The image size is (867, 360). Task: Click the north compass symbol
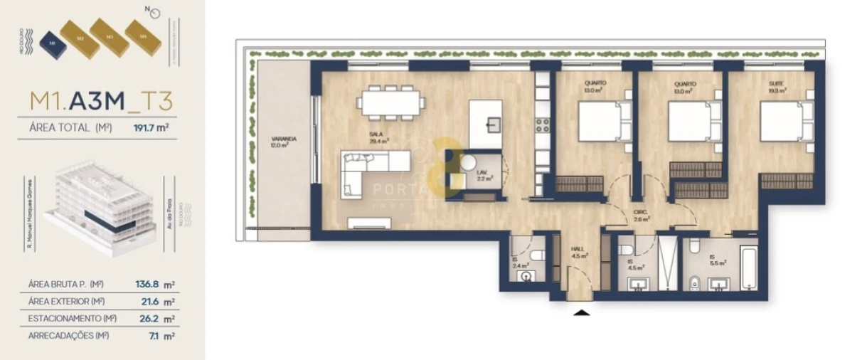[x=155, y=13]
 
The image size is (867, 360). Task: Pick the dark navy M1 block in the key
[x=51, y=43]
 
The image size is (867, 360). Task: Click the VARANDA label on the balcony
[x=283, y=142]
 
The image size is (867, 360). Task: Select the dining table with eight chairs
[x=391, y=102]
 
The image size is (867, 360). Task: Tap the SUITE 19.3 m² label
[x=776, y=87]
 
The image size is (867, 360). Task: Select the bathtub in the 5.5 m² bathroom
[x=750, y=267]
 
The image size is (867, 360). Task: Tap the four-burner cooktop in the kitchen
[x=543, y=125]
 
